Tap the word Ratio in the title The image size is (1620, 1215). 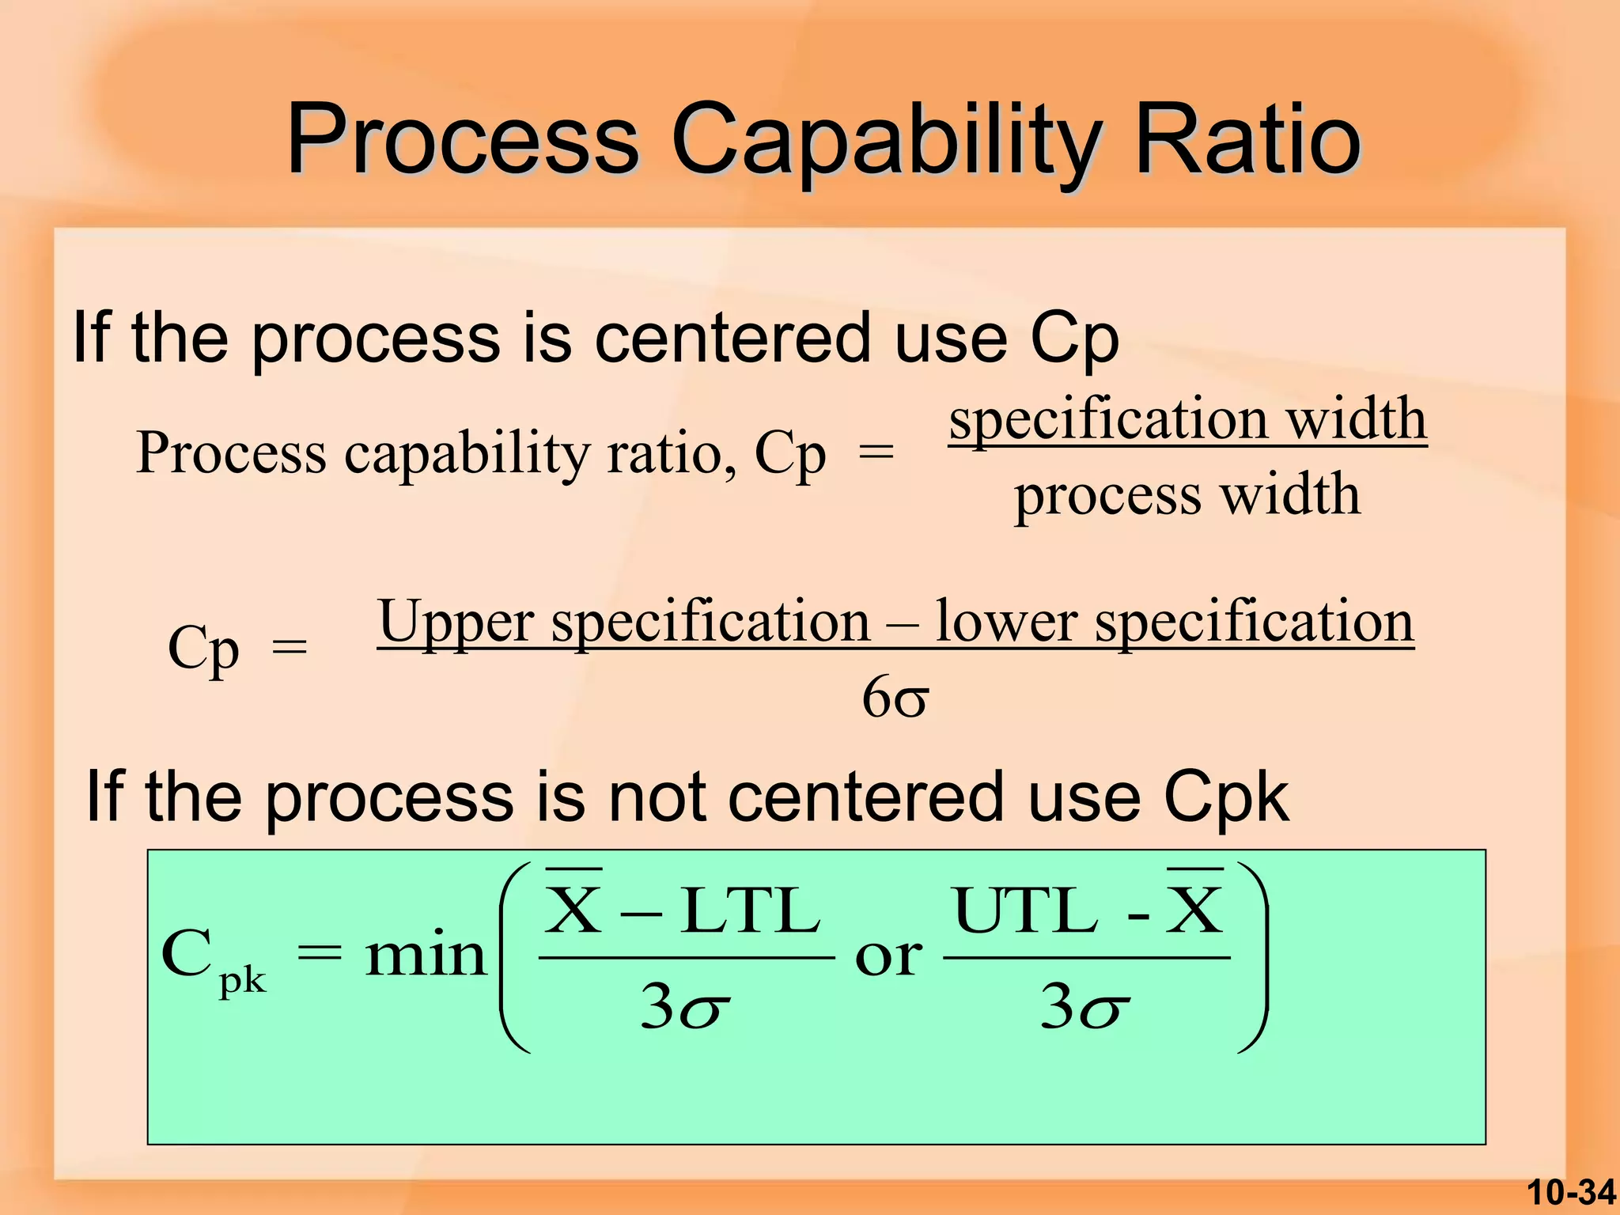(x=1247, y=141)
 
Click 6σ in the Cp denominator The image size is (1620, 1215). (x=895, y=698)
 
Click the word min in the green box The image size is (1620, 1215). (x=425, y=956)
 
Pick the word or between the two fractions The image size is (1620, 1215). (x=888, y=957)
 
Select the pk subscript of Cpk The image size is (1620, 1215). (x=242, y=982)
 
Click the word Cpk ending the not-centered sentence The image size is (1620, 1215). (x=1226, y=797)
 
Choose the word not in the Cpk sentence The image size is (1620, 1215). (x=656, y=797)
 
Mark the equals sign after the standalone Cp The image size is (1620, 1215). (x=290, y=648)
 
